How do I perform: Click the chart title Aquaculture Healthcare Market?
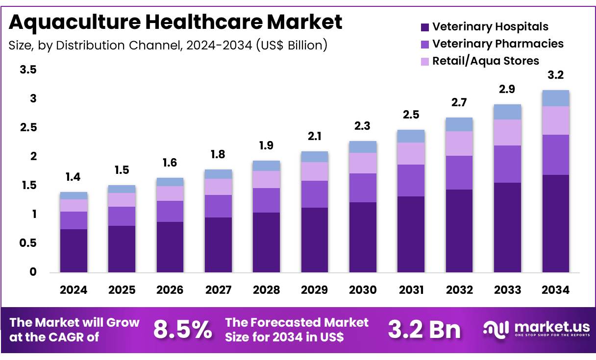point(175,22)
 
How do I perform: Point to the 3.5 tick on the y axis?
point(28,70)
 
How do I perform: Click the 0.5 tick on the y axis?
point(28,243)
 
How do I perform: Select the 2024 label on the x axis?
point(74,290)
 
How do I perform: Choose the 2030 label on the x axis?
point(363,290)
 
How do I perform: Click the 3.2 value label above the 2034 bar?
point(556,75)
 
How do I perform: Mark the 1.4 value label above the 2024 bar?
point(74,177)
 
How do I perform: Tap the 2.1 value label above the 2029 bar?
point(315,136)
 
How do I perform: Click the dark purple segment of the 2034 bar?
point(556,223)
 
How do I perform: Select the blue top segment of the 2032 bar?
point(459,124)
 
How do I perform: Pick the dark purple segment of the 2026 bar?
point(170,247)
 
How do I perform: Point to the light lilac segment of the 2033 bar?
point(507,132)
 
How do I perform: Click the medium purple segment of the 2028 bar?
point(267,200)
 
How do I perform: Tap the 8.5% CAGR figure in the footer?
point(182,330)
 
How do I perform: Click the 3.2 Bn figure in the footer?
point(424,330)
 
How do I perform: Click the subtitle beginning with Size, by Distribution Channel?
point(168,46)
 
